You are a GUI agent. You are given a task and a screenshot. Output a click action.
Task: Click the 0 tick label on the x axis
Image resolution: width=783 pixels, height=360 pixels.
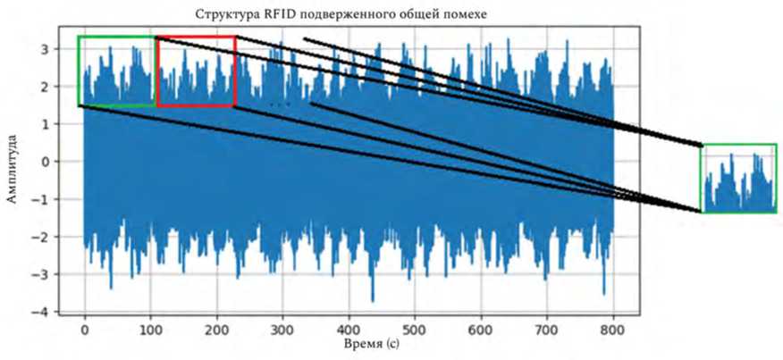pyautogui.click(x=85, y=329)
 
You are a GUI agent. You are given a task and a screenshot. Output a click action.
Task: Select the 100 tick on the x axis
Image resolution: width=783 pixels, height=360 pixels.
pyautogui.click(x=151, y=329)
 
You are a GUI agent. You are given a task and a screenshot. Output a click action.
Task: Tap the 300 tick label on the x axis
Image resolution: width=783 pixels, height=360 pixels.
pyautogui.click(x=283, y=329)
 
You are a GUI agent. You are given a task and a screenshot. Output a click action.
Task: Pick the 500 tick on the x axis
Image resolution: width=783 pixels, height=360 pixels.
pyautogui.click(x=416, y=329)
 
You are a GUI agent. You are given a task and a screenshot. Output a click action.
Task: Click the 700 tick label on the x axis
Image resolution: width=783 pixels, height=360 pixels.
pyautogui.click(x=548, y=329)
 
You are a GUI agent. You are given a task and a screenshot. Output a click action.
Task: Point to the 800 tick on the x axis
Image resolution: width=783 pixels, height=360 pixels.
pyautogui.click(x=614, y=329)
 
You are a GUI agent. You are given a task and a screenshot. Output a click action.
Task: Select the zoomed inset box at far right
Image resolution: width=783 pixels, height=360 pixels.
pyautogui.click(x=739, y=178)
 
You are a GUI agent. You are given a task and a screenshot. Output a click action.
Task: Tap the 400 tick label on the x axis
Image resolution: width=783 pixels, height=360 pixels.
pyautogui.click(x=349, y=329)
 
